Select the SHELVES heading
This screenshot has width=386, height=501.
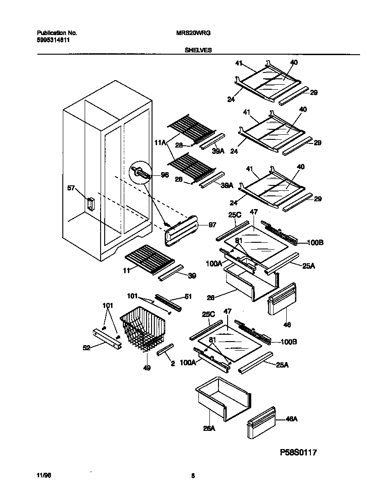[198, 51]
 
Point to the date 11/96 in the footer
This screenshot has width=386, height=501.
[41, 476]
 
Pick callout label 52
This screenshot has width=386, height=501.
[86, 348]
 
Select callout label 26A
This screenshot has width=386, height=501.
[209, 428]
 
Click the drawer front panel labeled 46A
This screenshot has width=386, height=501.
[261, 423]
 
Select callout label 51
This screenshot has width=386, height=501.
[188, 297]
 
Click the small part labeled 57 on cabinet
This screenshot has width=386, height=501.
[90, 204]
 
